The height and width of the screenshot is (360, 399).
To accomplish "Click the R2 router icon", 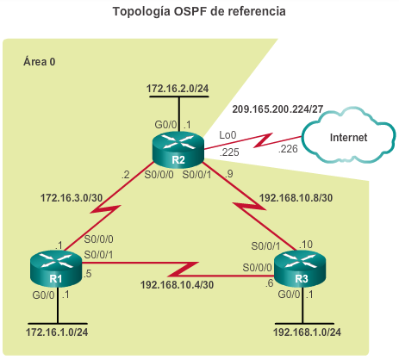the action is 178,149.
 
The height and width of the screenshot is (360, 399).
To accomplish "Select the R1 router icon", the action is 56,268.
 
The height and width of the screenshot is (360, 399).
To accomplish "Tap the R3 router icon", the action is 300,268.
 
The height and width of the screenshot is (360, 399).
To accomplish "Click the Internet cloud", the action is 348,136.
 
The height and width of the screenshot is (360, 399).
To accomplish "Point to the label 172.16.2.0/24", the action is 178,89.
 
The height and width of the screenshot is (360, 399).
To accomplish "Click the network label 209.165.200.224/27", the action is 277,109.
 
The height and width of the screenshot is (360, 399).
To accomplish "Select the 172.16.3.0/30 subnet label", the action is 72,198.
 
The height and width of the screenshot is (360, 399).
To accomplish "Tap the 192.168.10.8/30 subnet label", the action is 296,198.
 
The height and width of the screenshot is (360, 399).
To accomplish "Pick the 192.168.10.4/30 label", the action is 177,285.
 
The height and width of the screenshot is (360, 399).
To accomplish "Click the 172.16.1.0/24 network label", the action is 57,332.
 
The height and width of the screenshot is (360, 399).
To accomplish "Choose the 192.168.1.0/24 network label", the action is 307,332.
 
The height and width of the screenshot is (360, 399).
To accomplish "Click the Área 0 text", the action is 40,61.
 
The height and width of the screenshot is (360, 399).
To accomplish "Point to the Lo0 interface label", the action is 228,135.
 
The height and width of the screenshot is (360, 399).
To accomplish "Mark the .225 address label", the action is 229,152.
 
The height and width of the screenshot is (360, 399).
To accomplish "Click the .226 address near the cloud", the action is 288,149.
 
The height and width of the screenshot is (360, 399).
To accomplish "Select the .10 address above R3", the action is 306,245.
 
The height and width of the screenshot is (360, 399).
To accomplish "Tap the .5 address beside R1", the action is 87,274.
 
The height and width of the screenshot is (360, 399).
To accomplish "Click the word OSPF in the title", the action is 190,11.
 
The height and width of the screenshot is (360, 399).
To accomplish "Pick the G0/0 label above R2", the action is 165,125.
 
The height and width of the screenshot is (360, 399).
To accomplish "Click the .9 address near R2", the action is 229,174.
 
